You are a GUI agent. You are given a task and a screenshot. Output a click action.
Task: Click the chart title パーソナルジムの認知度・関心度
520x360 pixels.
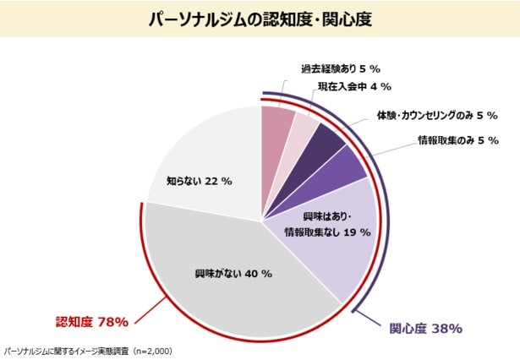coord(260,18)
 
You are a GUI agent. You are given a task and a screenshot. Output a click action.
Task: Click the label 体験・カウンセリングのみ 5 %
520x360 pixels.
coord(437,115)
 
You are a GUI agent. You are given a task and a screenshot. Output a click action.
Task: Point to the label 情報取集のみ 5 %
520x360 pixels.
coord(457,139)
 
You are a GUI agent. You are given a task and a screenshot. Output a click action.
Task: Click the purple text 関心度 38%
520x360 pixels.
coord(425,327)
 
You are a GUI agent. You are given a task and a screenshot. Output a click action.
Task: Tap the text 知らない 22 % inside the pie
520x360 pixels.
coord(199,181)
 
